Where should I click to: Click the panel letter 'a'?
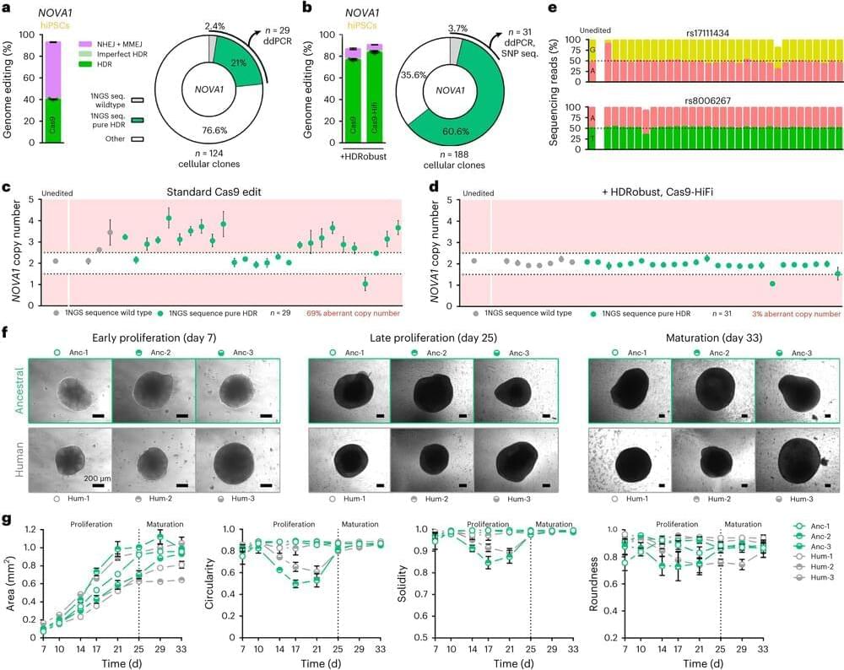10,10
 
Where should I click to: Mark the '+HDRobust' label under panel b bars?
344,157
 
